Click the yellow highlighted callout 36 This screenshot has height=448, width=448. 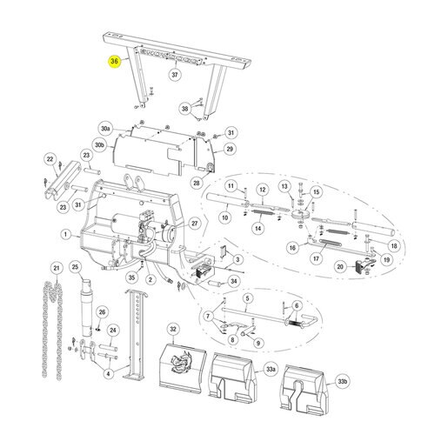pos(114,62)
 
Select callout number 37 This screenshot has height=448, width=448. pos(175,75)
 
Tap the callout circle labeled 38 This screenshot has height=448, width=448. pos(184,109)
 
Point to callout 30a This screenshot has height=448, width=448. pos(105,129)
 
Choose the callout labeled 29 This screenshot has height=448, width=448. pos(230,149)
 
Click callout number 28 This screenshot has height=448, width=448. pos(197,183)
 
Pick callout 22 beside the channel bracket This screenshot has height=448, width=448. pos(50,159)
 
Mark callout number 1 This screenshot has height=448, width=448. pos(66,234)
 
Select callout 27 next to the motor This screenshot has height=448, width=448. pos(195,224)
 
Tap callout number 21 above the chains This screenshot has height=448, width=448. pos(57,268)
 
